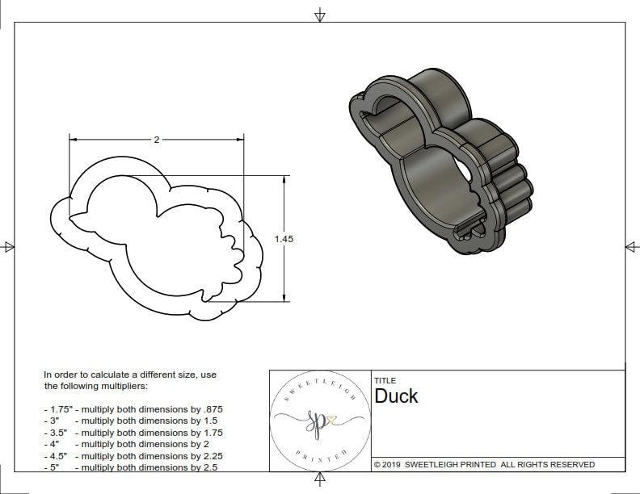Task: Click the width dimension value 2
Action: pyautogui.click(x=156, y=140)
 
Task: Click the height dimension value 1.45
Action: pyautogui.click(x=284, y=239)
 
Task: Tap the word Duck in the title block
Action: pyautogui.click(x=396, y=396)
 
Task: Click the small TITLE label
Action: pyautogui.click(x=385, y=380)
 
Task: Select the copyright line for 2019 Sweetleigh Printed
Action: pyautogui.click(x=484, y=464)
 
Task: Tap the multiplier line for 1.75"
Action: pyautogui.click(x=133, y=409)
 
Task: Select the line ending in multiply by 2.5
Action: pyautogui.click(x=133, y=467)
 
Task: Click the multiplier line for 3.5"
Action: pyautogui.click(x=133, y=433)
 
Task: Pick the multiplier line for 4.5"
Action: pyautogui.click(x=133, y=456)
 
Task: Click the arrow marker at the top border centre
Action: pyautogui.click(x=320, y=15)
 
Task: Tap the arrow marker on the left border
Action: pyautogui.click(x=9, y=247)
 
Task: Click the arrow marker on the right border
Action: pyautogui.click(x=631, y=247)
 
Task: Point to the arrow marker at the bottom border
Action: pyautogui.click(x=320, y=481)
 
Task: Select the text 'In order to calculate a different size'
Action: pyautogui.click(x=129, y=375)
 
